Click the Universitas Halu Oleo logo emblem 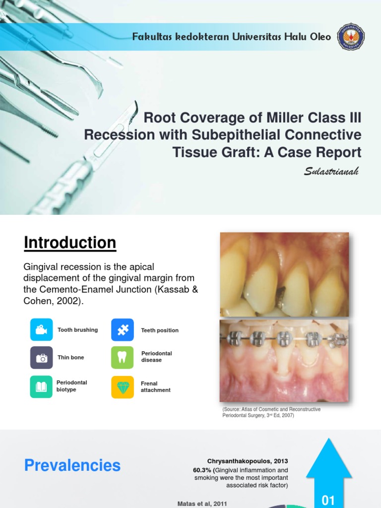click(351, 37)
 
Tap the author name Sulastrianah click(331, 172)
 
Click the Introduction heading click(70, 243)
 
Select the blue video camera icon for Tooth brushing click(41, 330)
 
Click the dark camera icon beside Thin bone click(41, 358)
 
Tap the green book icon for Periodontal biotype click(41, 386)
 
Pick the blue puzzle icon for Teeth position click(123, 330)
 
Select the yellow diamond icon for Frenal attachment click(123, 386)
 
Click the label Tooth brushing click(77, 330)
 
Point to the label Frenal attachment click(155, 387)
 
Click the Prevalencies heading click(72, 465)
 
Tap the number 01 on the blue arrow click(328, 500)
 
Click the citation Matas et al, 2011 click(202, 504)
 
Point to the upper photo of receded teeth click(284, 274)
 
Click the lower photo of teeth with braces click(284, 360)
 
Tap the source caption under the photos click(271, 412)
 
